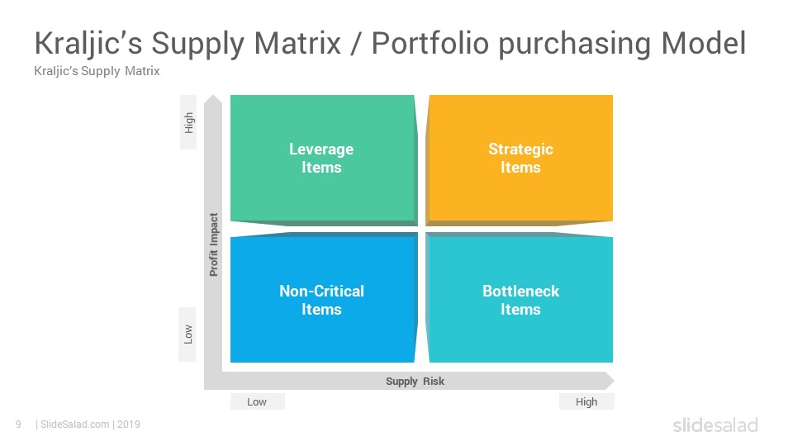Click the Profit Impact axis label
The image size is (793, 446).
[214, 244]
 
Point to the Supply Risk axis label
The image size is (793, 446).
[415, 382]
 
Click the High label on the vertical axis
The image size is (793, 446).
[189, 123]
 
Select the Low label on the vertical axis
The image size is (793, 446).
[188, 334]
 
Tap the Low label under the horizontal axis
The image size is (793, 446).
[257, 402]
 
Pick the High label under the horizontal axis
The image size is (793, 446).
[586, 402]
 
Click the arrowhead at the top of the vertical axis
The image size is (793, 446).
[213, 101]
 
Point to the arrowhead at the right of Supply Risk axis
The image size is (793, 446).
[609, 381]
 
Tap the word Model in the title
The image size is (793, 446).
[704, 44]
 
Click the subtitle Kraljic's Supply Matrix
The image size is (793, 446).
[97, 72]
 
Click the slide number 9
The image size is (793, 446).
[18, 425]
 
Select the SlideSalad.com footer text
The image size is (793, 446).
[75, 425]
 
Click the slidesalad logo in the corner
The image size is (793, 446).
[715, 425]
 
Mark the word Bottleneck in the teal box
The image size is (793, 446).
[520, 291]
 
